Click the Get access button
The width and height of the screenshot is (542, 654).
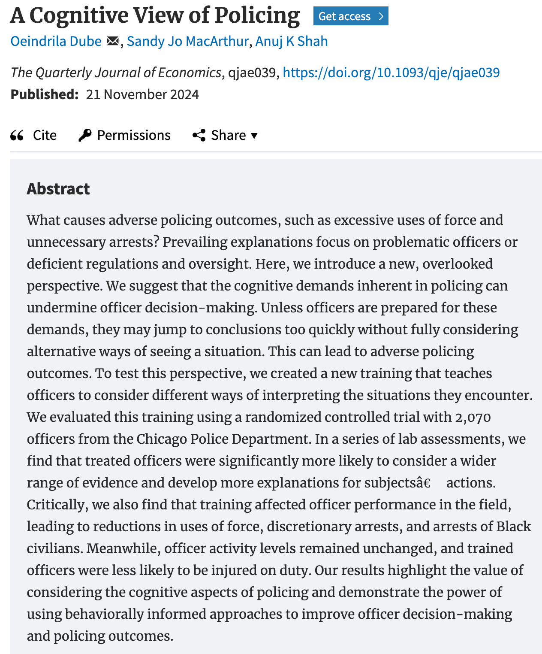pyautogui.click(x=351, y=16)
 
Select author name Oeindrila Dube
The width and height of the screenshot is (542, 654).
pyautogui.click(x=56, y=41)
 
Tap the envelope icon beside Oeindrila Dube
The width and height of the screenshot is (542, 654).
pyautogui.click(x=112, y=41)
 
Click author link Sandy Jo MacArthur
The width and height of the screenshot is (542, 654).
pyautogui.click(x=187, y=41)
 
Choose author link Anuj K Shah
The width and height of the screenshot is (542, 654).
pyautogui.click(x=292, y=41)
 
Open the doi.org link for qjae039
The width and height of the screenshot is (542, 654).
pyautogui.click(x=391, y=73)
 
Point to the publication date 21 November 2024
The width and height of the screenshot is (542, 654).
pyautogui.click(x=142, y=94)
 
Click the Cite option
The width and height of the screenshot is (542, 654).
pyautogui.click(x=44, y=135)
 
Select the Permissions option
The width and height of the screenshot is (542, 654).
pyautogui.click(x=133, y=135)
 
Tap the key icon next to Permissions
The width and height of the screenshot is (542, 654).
pyautogui.click(x=85, y=135)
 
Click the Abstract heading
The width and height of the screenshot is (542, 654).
pyautogui.click(x=58, y=189)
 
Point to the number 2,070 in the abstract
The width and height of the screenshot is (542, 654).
pyautogui.click(x=473, y=417)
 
